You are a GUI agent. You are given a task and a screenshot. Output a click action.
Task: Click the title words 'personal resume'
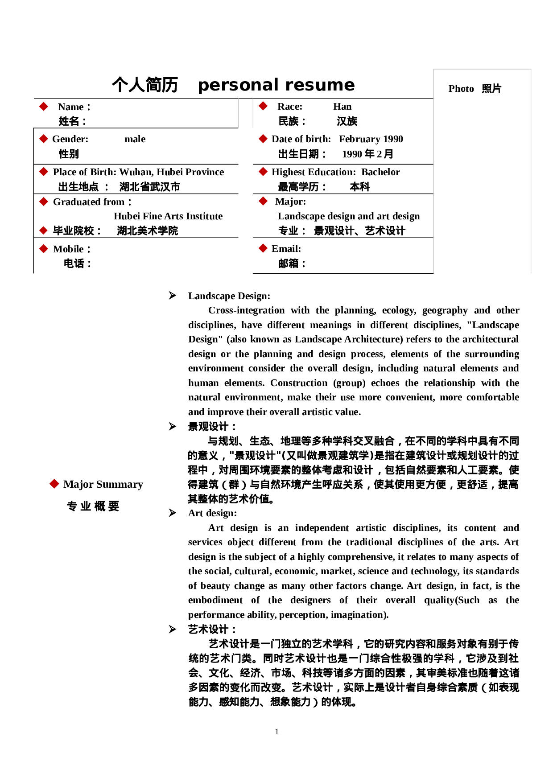point(276,85)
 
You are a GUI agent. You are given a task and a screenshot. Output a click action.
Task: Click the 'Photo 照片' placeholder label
point(475,89)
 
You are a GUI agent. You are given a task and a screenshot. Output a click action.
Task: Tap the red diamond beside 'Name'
point(44,107)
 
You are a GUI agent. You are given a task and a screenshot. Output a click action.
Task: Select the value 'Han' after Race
point(342,107)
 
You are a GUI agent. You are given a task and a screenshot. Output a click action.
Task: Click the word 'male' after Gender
point(135,139)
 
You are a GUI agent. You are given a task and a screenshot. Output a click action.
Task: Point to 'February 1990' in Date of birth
point(371,139)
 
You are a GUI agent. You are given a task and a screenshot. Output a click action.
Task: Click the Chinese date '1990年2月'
point(367,154)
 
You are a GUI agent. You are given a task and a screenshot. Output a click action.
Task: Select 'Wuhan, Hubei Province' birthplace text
point(172,172)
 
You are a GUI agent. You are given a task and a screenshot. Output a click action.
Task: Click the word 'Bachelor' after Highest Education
point(380,172)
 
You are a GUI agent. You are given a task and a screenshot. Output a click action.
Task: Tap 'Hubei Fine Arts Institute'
point(168,216)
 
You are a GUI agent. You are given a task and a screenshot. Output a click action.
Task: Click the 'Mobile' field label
point(69,249)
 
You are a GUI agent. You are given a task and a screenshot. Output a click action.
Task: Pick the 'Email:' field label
point(286,249)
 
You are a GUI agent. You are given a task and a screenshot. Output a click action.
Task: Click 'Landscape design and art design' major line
point(349,216)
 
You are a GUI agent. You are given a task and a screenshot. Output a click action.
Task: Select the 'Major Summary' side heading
point(103,484)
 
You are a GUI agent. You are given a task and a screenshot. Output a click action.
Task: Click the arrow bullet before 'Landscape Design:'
point(172,296)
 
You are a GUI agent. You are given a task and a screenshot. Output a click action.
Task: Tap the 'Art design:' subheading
point(212,513)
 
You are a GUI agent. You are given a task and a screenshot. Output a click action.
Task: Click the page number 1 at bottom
point(276,731)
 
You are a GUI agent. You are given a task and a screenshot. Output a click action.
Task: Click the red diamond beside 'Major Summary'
point(54,484)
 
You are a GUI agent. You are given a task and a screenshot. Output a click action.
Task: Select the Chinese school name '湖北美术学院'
point(147,231)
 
